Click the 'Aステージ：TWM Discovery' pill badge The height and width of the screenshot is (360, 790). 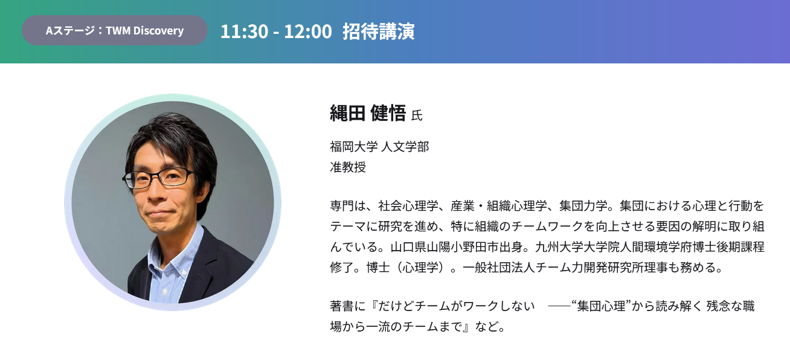coord(115,30)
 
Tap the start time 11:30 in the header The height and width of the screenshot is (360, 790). coord(245,31)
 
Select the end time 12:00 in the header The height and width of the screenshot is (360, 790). coord(308,31)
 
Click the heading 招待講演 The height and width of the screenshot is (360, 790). coord(379,31)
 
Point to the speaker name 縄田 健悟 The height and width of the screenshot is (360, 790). coord(368,113)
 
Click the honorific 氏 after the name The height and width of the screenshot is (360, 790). coord(417,115)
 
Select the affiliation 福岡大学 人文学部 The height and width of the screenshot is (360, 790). coord(379,146)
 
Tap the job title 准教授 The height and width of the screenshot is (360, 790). coord(348,167)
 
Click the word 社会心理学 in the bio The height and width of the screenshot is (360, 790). coord(408,205)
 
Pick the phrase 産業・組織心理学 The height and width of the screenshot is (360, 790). coord(499,205)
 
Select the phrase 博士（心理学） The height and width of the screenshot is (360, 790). coord(408,267)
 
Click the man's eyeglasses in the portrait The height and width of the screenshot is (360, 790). coord(158,178)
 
